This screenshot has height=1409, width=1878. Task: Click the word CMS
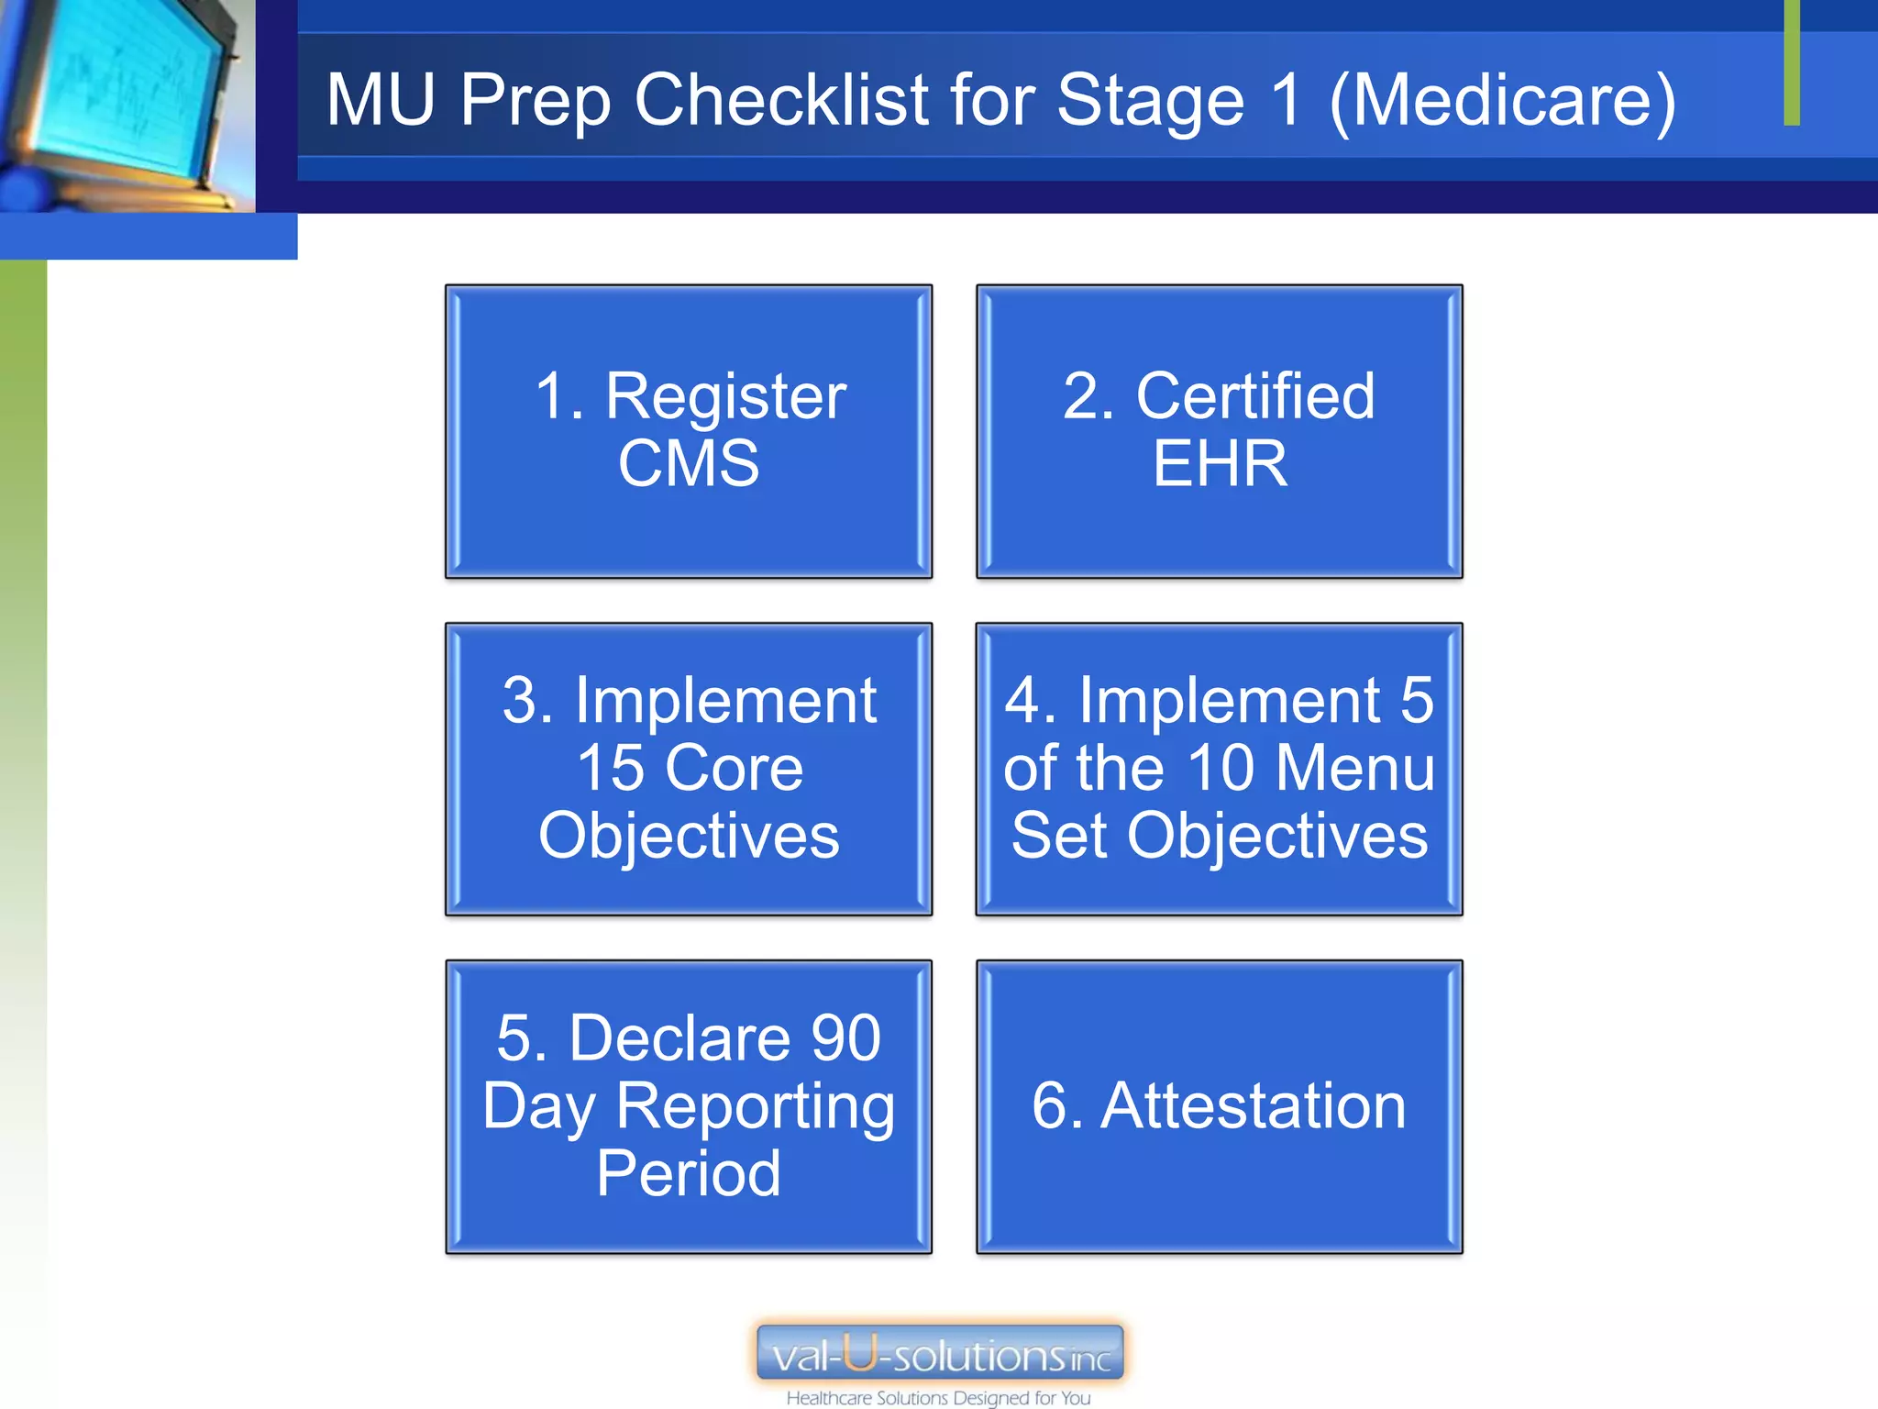tap(689, 464)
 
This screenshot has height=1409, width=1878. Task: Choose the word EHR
tap(1220, 464)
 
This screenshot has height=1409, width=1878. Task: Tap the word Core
tap(735, 768)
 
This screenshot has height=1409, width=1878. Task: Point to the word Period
tap(689, 1173)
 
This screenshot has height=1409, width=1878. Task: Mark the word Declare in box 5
tap(679, 1038)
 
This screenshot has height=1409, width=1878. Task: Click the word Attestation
tap(1253, 1105)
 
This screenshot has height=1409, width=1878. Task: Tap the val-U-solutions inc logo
tap(940, 1354)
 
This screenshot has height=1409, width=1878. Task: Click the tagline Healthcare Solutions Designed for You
tap(938, 1398)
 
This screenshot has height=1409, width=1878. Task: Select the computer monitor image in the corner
tap(124, 101)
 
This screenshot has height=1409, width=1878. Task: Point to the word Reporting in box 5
tap(755, 1106)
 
